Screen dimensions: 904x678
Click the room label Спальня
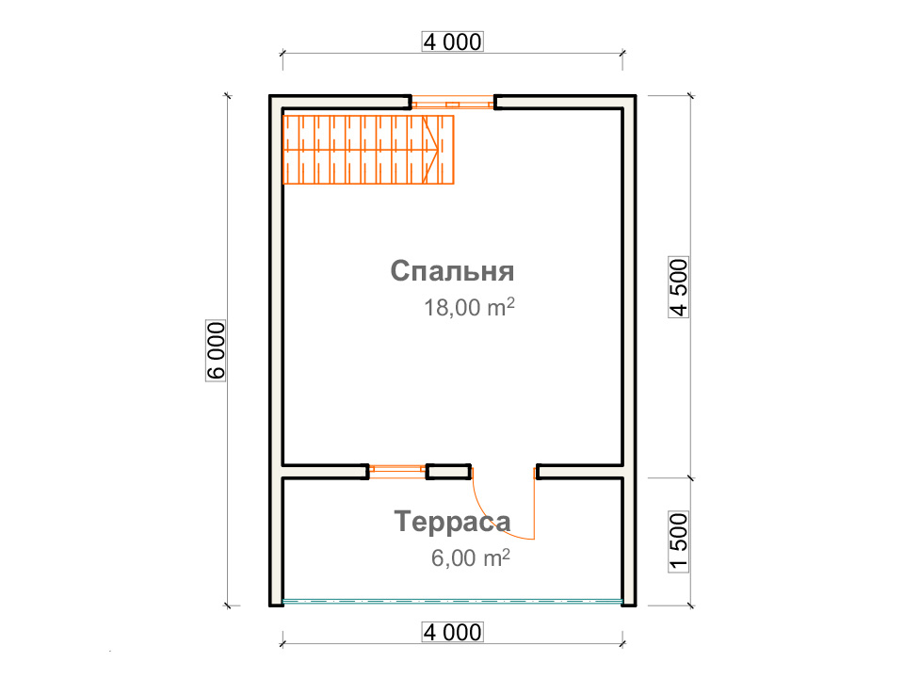452,271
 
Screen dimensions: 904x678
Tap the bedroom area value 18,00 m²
469,307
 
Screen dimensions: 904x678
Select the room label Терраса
453,522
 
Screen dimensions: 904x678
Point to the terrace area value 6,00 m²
471,557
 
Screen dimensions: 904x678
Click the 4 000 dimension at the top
453,42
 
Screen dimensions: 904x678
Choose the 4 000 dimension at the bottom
453,633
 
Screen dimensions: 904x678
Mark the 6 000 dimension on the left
216,350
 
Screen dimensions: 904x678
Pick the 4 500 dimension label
679,287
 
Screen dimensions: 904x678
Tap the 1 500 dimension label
679,541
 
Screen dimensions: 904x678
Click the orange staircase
368,150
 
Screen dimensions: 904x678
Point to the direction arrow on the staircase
430,150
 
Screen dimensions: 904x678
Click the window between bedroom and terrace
397,471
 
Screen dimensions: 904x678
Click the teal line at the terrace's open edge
453,602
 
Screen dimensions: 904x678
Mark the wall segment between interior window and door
448,472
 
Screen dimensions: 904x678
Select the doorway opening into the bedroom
503,472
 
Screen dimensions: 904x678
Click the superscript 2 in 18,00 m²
509,302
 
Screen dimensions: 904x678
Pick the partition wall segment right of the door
579,472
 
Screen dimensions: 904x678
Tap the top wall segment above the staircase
340,102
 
